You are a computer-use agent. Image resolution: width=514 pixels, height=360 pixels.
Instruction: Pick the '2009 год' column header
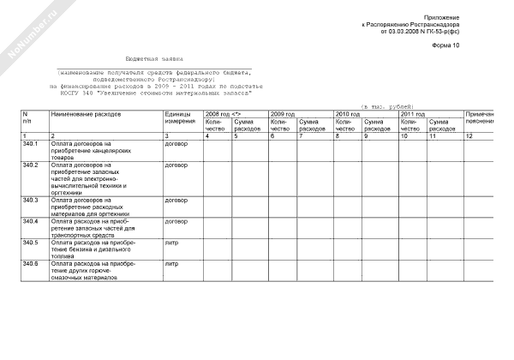tap(283, 113)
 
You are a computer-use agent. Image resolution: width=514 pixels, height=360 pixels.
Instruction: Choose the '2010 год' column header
tap(348, 113)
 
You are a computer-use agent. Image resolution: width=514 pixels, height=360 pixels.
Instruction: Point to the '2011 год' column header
tap(413, 113)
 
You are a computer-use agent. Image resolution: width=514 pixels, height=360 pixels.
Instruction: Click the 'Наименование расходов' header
tap(87, 113)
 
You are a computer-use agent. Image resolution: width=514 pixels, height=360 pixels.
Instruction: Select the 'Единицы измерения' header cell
tap(181, 117)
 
